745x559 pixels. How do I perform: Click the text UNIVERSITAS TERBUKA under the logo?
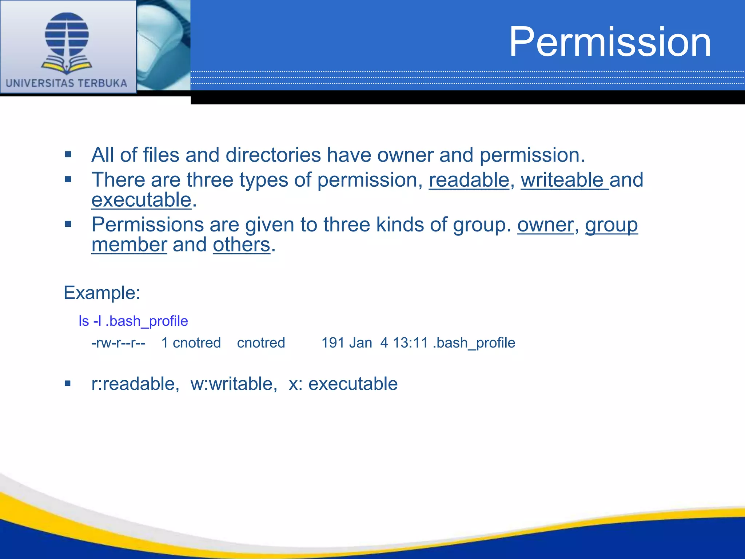click(67, 83)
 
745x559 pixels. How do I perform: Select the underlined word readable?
click(469, 180)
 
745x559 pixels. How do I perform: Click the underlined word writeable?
click(562, 180)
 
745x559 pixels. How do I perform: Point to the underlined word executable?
click(141, 200)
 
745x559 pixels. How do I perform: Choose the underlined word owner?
click(545, 225)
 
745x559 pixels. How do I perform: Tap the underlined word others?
click(242, 245)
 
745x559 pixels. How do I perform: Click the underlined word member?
click(129, 245)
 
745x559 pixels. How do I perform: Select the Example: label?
click(102, 293)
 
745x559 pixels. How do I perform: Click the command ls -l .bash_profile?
click(133, 321)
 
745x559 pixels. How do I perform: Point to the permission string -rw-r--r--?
click(118, 343)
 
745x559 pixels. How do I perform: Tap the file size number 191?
click(333, 343)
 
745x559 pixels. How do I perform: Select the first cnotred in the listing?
click(196, 343)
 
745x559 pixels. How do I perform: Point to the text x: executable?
click(343, 384)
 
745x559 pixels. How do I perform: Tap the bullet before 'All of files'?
click(68, 155)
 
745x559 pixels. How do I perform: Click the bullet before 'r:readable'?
click(68, 383)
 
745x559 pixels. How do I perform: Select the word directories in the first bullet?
click(273, 155)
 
